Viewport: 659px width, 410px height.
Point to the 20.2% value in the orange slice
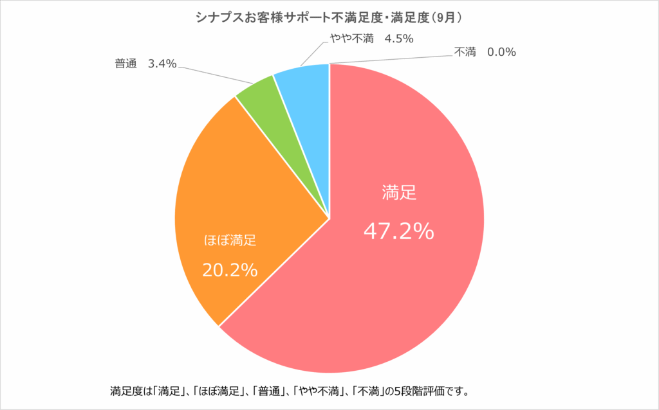point(230,270)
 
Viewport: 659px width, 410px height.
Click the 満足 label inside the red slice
point(399,191)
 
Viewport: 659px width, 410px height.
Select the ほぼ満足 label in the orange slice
point(230,242)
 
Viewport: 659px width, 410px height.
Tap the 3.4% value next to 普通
point(162,65)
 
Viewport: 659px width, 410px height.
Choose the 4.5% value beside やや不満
point(398,39)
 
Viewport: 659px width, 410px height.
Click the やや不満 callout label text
point(351,39)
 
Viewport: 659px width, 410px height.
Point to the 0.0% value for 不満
point(501,53)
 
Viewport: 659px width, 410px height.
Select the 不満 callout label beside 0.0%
point(465,53)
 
